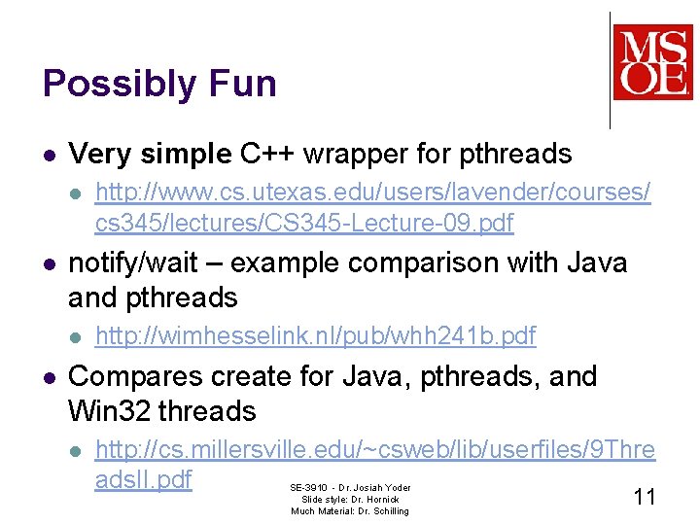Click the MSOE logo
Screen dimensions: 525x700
click(x=651, y=62)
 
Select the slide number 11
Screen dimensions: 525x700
click(x=644, y=497)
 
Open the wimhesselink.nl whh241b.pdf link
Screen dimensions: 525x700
click(x=315, y=336)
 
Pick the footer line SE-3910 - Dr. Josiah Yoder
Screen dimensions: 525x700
click(x=350, y=487)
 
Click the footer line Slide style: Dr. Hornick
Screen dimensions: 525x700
click(x=350, y=499)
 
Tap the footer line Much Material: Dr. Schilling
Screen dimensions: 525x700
click(x=350, y=510)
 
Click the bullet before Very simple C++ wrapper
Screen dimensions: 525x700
click(x=50, y=155)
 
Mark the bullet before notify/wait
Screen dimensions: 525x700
click(x=50, y=263)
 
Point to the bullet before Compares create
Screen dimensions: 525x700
click(x=50, y=377)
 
